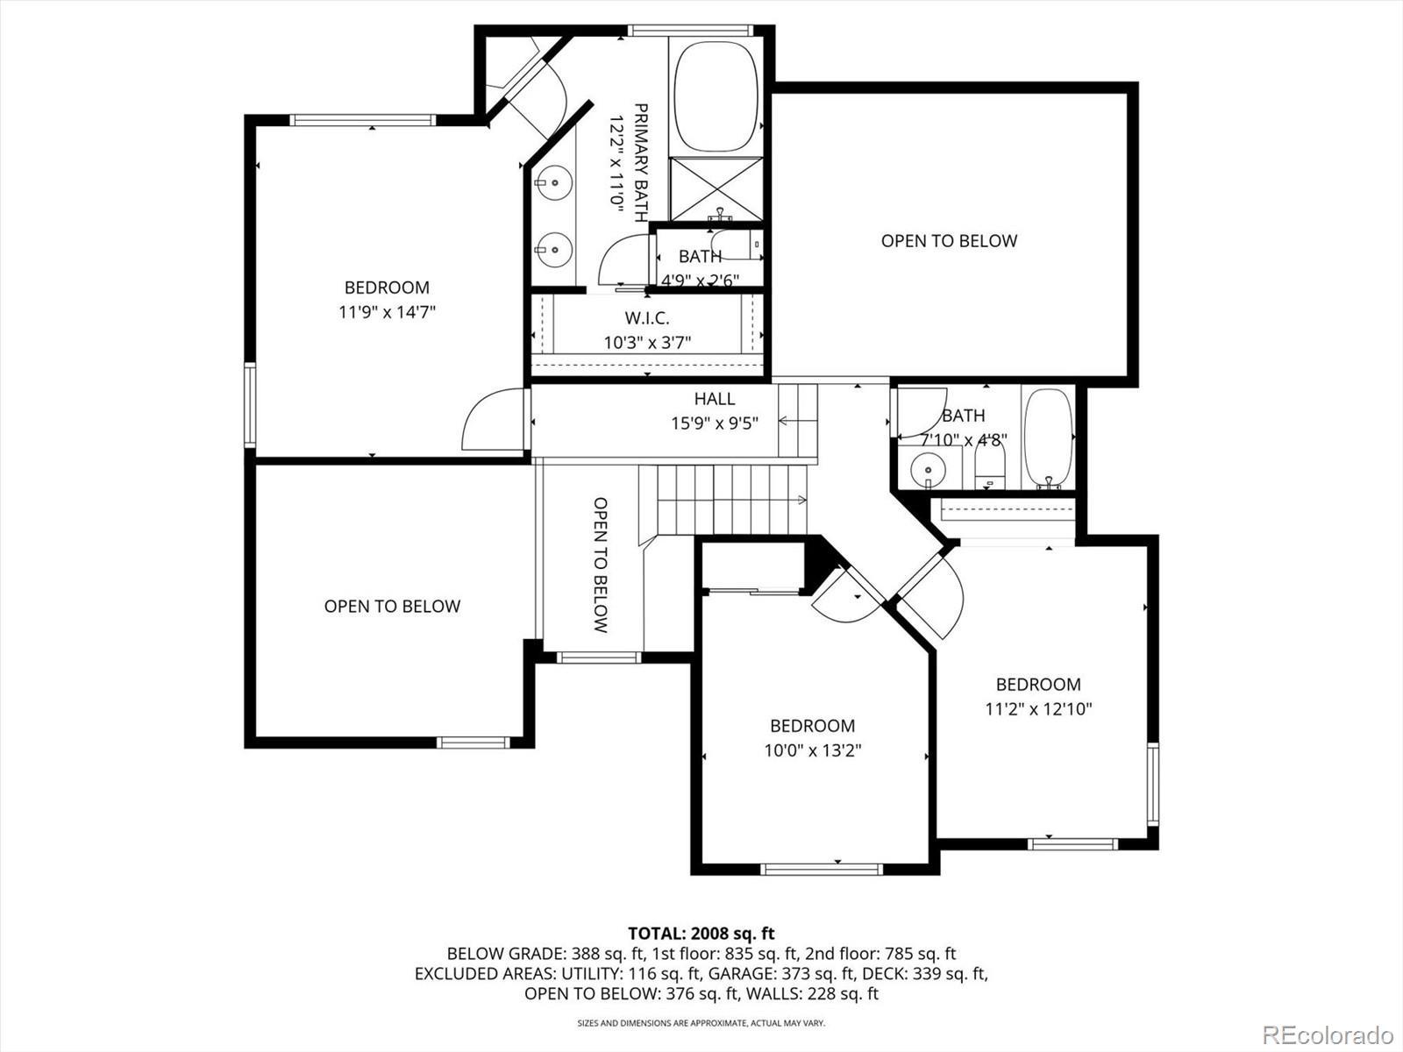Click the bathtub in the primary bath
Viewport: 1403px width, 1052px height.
pos(716,96)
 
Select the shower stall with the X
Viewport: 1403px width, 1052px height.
pos(716,189)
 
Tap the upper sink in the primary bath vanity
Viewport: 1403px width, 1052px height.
pos(553,182)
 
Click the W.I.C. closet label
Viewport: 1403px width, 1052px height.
pos(647,317)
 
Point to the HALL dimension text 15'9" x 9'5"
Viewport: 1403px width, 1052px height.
pos(715,423)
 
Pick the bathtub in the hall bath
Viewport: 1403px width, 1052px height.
pos(1049,439)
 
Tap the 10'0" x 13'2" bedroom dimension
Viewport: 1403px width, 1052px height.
pos(812,750)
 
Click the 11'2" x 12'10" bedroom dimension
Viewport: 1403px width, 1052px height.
pos(1039,709)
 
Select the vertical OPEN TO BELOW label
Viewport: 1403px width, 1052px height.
pos(600,565)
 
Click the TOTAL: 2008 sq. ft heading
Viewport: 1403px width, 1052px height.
pos(701,934)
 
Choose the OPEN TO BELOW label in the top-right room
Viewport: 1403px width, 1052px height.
pos(949,241)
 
